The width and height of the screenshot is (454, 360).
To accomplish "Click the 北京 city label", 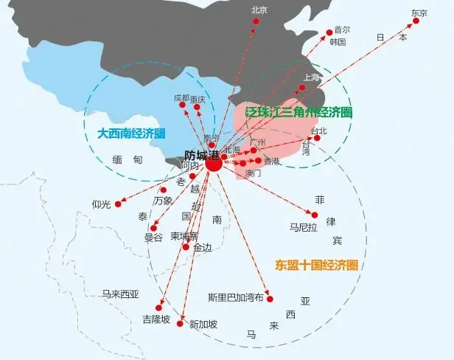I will pos(259,10).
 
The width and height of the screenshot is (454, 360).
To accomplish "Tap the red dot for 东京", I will pos(416,21).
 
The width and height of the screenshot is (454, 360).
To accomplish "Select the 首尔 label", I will pos(342,30).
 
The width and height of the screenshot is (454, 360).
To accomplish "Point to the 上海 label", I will pos(311,77).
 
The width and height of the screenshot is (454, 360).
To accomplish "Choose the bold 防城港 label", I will pos(200,156).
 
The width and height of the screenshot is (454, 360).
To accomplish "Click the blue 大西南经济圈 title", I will pos(130,134).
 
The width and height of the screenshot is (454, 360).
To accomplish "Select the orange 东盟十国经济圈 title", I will pos(316,263).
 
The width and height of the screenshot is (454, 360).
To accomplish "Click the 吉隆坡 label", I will pos(156,319).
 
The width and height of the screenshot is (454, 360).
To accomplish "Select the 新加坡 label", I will pos(203,324).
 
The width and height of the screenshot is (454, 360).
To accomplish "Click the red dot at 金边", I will pos(186,247).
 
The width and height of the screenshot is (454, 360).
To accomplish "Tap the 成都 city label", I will pos(181,98).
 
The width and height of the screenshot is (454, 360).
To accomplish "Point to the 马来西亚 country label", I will pos(120,294).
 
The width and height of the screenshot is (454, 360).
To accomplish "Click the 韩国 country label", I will pos(338,42).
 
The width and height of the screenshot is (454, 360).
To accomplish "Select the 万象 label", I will pos(163,201).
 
